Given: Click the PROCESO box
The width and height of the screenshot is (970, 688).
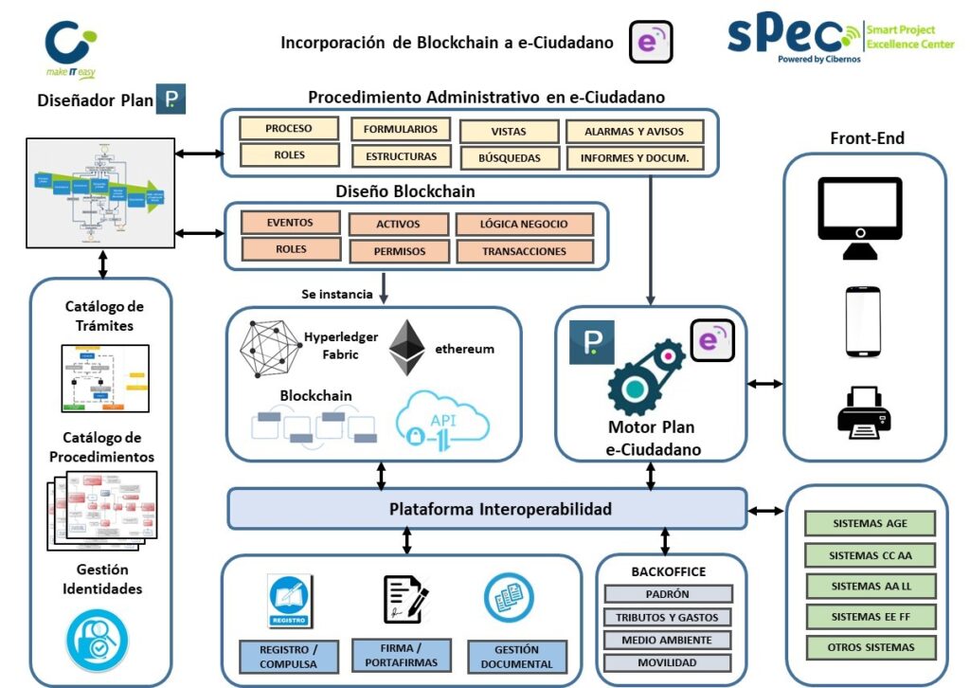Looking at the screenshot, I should (x=289, y=129).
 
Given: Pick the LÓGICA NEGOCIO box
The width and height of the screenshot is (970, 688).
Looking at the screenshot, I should (x=524, y=225).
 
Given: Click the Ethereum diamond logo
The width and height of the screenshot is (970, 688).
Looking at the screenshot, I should (x=408, y=348).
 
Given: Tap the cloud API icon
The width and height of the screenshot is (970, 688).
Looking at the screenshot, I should (x=442, y=420).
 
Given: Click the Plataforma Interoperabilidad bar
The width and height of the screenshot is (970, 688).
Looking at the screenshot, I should (x=487, y=509).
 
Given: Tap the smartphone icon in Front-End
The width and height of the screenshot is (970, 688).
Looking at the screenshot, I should (x=863, y=322).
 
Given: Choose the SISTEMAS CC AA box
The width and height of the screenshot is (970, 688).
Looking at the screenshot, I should (x=870, y=554).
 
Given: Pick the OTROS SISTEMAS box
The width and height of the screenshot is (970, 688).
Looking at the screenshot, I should (x=870, y=647).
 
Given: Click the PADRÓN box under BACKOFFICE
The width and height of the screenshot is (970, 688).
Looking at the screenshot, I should (x=667, y=594).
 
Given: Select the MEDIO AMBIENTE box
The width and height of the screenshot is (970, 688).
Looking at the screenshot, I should (x=667, y=640).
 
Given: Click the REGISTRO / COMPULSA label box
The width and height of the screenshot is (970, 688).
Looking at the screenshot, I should (x=289, y=657).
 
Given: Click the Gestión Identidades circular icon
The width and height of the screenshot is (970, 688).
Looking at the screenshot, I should (x=98, y=641).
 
